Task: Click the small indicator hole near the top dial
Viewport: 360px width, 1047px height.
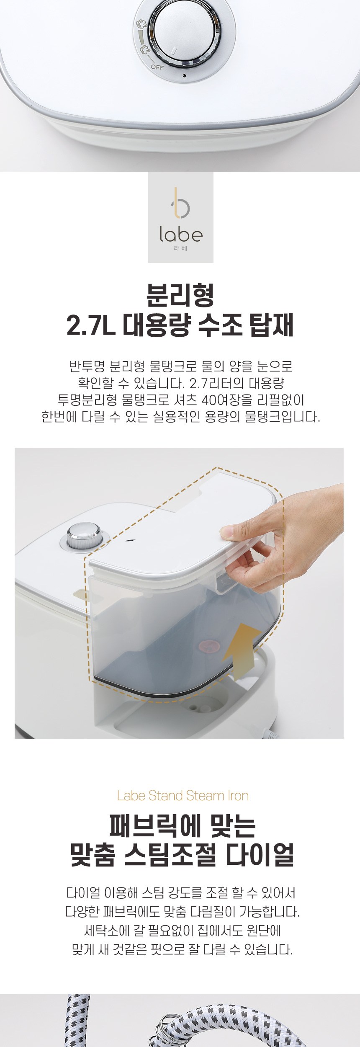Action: (184, 76)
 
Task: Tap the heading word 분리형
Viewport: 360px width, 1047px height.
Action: (180, 295)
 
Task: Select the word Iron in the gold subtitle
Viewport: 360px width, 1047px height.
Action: (238, 796)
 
